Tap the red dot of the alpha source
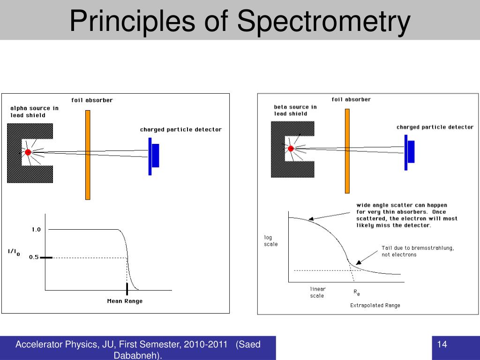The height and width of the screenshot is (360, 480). (28, 152)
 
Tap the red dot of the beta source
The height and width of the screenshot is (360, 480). (291, 149)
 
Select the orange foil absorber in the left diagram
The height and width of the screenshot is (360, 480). (88, 155)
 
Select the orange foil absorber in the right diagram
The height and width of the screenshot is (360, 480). (347, 151)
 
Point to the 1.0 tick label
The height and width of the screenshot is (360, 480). (36, 230)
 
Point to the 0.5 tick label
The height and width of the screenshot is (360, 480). (34, 257)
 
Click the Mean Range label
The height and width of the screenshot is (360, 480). (125, 301)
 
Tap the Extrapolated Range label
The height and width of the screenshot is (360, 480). (375, 306)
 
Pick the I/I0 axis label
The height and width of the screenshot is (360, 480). (14, 252)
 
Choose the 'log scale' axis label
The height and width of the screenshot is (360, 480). (270, 241)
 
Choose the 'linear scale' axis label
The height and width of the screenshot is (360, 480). (317, 292)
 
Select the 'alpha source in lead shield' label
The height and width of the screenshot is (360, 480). (34, 112)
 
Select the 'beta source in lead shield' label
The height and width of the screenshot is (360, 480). (295, 110)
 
